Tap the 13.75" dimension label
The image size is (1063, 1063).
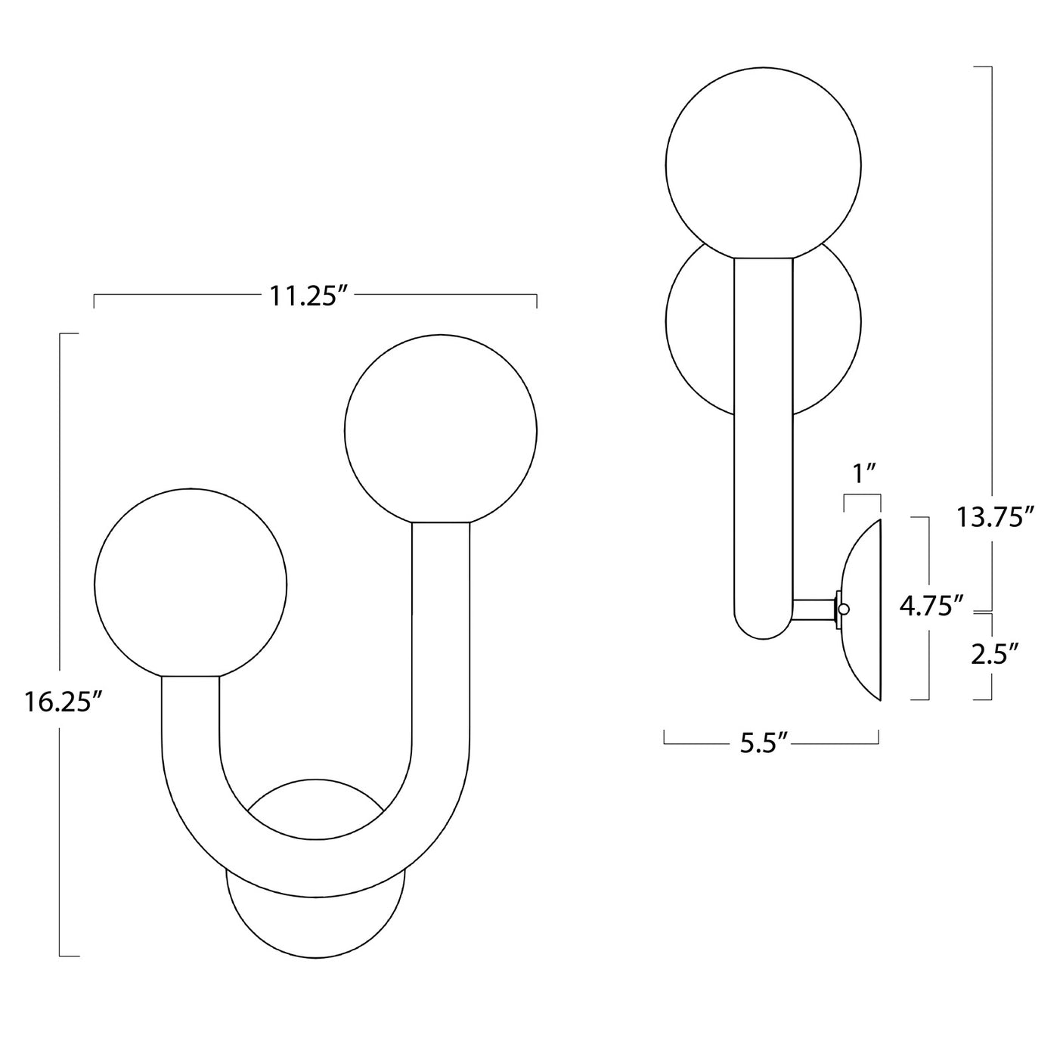[993, 517]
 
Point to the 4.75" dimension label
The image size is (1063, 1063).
[931, 606]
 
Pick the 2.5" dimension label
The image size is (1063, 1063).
[993, 652]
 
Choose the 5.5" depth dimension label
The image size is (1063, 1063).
[764, 743]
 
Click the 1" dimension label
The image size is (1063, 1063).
[863, 473]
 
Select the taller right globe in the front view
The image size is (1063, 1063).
[440, 429]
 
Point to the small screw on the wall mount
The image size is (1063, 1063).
[844, 609]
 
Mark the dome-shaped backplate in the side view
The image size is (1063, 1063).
[865, 609]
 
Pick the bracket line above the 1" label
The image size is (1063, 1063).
[862, 495]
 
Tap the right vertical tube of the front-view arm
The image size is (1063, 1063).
[440, 643]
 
